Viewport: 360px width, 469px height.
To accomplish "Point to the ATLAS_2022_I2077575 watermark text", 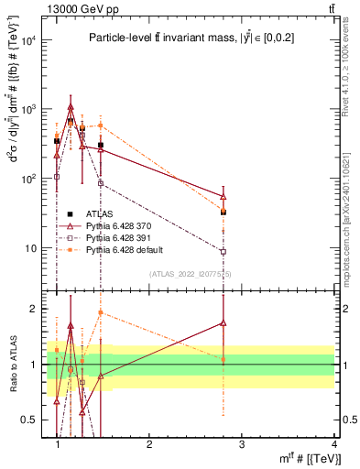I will [191, 274].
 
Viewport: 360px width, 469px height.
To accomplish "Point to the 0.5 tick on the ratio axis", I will [35, 420].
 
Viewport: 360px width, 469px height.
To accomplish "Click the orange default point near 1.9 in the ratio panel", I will [101, 312].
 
